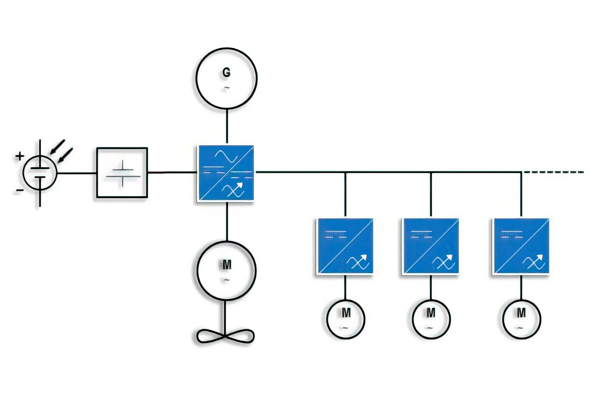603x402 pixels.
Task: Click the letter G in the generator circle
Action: point(226,73)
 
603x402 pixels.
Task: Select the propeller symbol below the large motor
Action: point(225,336)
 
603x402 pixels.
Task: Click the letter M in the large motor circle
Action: point(227,265)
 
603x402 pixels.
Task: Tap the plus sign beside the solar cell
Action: point(20,156)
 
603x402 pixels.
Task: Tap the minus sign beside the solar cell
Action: point(19,190)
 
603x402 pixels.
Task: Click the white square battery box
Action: point(122,172)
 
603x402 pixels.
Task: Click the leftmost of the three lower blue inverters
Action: point(345,246)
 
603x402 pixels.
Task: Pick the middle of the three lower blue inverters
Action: point(431,246)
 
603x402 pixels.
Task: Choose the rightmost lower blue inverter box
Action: point(521,246)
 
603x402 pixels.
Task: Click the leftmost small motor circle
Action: point(345,319)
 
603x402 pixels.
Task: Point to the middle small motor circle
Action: point(431,319)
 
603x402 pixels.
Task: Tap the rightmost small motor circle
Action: point(521,319)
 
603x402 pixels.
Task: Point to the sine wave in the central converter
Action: point(225,156)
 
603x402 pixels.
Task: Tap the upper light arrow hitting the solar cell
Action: point(58,147)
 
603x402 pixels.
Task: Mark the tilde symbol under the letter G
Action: point(226,88)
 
